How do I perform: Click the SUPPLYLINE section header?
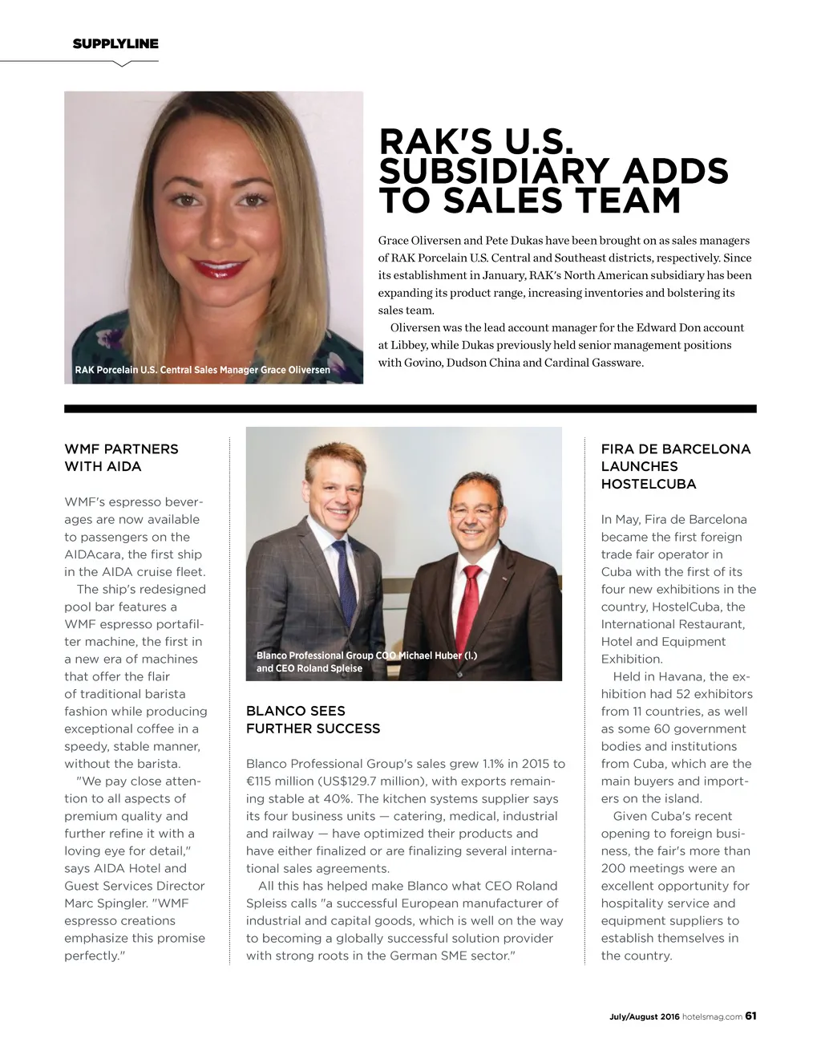point(115,44)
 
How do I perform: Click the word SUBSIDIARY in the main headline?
point(491,172)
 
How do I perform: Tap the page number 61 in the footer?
point(750,1016)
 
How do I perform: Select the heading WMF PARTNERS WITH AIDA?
point(121,457)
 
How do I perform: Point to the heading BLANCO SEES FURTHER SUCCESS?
point(313,720)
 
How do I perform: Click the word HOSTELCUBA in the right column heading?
point(649,484)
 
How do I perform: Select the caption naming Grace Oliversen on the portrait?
point(202,370)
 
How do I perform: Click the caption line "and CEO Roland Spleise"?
point(309,668)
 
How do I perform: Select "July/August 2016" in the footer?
point(644,1017)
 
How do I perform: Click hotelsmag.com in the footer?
point(712,1017)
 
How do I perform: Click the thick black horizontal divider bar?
point(410,409)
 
